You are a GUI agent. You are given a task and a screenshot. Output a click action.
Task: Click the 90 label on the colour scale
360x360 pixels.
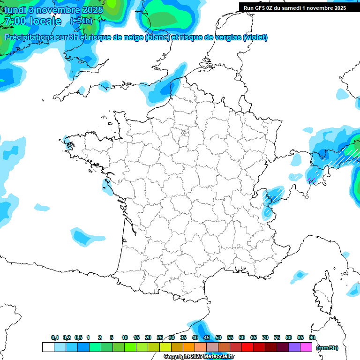[x=312, y=337]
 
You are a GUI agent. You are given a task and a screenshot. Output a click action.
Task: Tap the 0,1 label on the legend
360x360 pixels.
[x=55, y=337]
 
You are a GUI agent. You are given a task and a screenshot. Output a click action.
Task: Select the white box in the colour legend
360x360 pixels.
[x=48, y=347]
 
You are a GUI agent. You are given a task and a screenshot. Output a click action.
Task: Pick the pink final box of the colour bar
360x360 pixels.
[x=306, y=347]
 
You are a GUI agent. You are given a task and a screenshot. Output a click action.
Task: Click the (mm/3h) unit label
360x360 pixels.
[x=327, y=348]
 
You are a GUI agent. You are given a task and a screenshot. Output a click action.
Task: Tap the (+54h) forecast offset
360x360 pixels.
[x=81, y=21]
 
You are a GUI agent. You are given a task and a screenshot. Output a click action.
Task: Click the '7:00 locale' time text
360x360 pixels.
[x=32, y=21]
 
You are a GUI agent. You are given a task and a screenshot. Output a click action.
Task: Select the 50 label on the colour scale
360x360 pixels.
[x=218, y=337]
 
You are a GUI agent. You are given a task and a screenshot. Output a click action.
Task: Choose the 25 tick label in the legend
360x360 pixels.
[x=160, y=337]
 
